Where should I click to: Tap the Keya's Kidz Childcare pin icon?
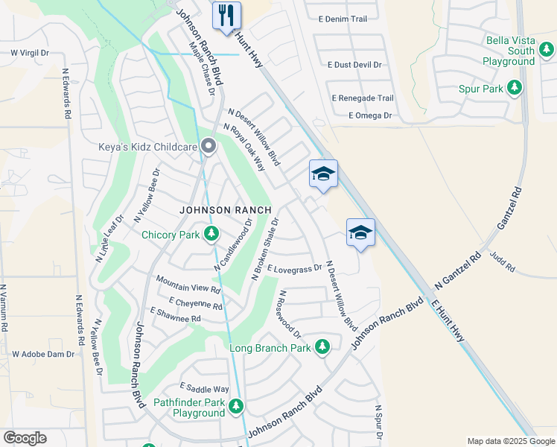(209, 147)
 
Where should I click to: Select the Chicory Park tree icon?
(211, 235)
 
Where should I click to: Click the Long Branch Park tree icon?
(322, 347)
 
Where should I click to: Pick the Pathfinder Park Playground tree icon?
(236, 406)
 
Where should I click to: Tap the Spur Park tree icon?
(514, 88)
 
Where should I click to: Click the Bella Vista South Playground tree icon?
(546, 51)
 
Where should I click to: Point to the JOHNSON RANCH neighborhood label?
(226, 211)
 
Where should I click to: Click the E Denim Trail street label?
(343, 19)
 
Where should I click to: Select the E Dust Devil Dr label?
(354, 65)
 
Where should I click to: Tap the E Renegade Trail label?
(363, 98)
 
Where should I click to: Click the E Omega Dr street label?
(369, 115)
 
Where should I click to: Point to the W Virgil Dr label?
(29, 53)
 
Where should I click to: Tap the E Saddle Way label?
(205, 388)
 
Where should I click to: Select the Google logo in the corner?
(25, 438)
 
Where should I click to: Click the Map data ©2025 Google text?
(510, 441)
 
